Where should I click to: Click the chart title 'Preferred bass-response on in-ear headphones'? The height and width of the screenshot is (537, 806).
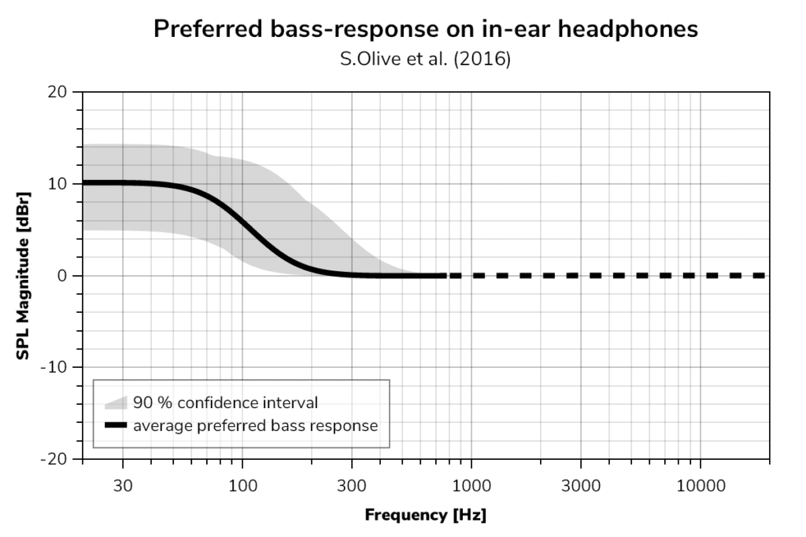(425, 29)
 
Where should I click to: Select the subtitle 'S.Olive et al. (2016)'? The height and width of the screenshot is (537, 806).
(425, 60)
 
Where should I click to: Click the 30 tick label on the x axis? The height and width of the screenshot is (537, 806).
(123, 485)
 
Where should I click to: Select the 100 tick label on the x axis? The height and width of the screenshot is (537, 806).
(242, 485)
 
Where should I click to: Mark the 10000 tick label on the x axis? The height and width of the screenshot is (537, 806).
(700, 485)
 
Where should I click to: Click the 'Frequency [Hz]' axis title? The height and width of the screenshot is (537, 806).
(425, 516)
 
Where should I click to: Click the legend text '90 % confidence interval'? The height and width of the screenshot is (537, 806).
(225, 403)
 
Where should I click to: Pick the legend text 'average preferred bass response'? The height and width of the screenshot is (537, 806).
(255, 426)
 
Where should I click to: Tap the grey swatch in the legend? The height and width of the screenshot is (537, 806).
(116, 403)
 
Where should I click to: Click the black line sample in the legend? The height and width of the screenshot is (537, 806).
(116, 426)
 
